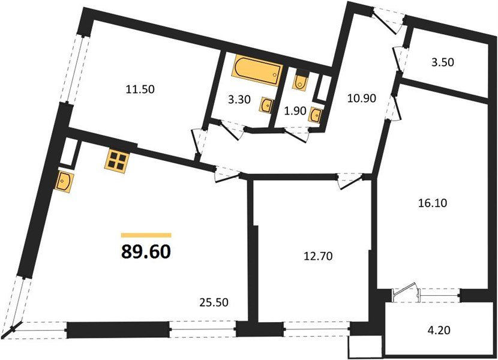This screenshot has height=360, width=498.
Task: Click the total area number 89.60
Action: click(x=146, y=251)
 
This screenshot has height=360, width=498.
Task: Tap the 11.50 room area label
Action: click(x=140, y=89)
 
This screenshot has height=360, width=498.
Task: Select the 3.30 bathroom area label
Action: click(x=239, y=101)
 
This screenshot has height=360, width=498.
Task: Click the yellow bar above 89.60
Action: click(x=146, y=236)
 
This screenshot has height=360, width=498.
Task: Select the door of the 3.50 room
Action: click(x=398, y=58)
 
